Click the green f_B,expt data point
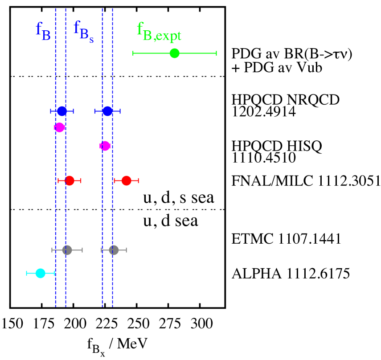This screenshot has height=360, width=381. coord(175,53)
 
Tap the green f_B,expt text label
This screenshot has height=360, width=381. coord(159,32)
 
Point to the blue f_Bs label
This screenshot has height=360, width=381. coord(83,32)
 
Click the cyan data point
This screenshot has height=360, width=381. coord(41,273)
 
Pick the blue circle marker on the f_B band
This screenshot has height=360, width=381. coord(62,111)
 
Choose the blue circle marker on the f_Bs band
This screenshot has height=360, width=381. coord(107,111)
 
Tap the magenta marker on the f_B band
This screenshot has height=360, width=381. coord(60,127)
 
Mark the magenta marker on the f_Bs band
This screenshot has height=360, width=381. coord(105,146)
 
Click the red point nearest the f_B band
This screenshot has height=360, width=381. coord(70,180)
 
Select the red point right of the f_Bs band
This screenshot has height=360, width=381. coord(127,180)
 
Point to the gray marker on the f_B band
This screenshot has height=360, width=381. coord(67,250)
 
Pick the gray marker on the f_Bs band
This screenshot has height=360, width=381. coord(114,250)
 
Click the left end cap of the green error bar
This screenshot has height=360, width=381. coord(133,53)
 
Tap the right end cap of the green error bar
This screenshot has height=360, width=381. coord(216,53)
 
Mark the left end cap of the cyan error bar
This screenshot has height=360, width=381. coord(27,273)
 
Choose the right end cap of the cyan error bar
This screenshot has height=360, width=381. coord(54,273)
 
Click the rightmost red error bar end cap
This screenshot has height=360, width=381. coord(138,180)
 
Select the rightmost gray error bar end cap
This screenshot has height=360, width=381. coord(126,250)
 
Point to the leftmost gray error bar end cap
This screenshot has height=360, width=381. coord(52,250)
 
